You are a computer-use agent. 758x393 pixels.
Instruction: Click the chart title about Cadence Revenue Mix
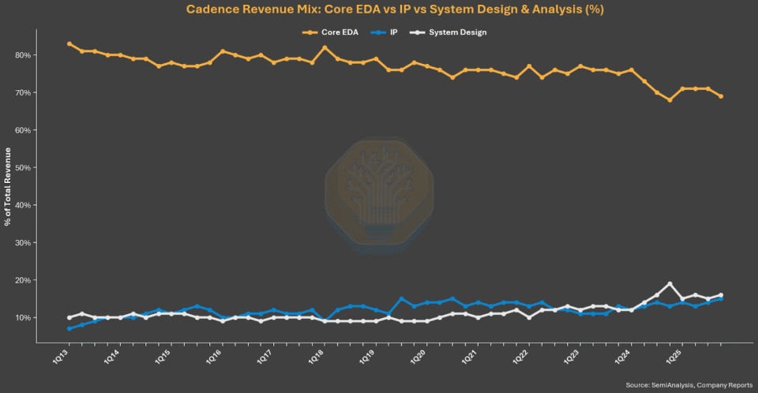(395, 9)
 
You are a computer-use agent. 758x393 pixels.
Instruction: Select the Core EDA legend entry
(330, 32)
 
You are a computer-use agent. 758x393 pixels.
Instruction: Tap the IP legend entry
(385, 32)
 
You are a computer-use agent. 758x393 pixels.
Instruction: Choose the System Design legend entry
(448, 32)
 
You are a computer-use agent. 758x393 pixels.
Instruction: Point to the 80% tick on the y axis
(23, 55)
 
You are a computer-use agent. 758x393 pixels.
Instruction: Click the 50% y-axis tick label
(23, 168)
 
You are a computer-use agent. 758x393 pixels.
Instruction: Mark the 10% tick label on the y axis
(23, 317)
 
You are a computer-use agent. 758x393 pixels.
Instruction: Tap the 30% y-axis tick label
(23, 242)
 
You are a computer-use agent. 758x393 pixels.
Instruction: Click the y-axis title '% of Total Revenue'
(7, 186)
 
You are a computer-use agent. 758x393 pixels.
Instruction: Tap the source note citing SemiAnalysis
(689, 385)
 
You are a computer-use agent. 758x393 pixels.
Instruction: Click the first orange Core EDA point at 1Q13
(69, 44)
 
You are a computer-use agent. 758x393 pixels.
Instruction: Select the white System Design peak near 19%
(670, 284)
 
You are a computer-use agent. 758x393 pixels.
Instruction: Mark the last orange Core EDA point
(721, 96)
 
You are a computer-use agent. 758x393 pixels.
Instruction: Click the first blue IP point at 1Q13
(69, 329)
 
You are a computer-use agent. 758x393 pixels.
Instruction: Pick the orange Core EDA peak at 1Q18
(325, 47)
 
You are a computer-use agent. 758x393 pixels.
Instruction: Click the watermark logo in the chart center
(380, 195)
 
